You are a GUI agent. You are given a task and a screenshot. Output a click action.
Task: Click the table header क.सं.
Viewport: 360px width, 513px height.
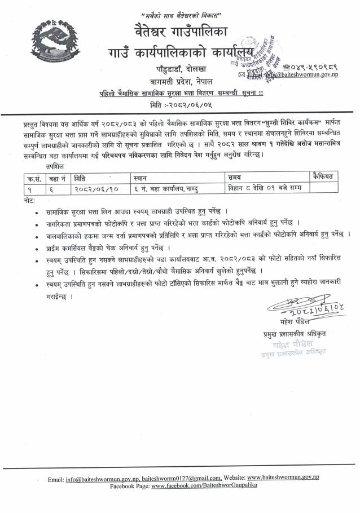point(34,177)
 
